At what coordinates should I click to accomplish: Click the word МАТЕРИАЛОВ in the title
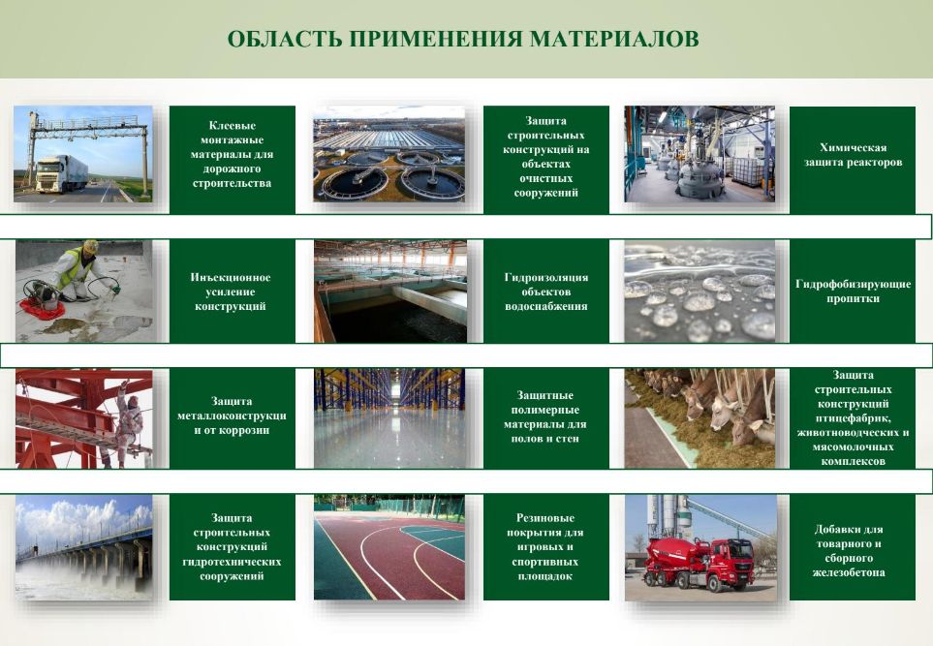pos(614,39)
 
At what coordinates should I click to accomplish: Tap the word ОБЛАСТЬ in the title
pos(285,39)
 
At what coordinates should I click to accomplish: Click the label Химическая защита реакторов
pos(853,155)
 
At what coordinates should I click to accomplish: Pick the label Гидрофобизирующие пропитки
pos(853,291)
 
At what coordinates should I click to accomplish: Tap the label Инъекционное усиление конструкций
pos(231,292)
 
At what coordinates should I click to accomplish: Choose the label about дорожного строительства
pos(232,154)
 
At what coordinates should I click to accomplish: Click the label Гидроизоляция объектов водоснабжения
pos(545,292)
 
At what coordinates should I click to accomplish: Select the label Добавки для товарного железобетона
pos(849,550)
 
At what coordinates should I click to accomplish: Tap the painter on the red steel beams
pos(127,421)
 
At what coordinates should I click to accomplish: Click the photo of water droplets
pos(700,291)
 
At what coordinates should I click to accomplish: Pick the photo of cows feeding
pos(700,418)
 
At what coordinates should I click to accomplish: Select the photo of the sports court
pos(389,546)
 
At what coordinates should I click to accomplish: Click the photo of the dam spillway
pos(84,546)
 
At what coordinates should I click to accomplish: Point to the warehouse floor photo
pos(389,418)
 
